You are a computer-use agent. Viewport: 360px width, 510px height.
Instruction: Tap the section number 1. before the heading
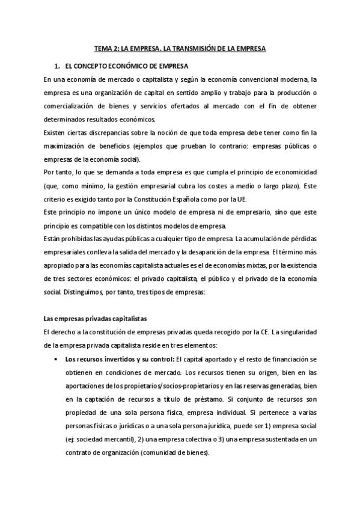click(57, 64)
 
